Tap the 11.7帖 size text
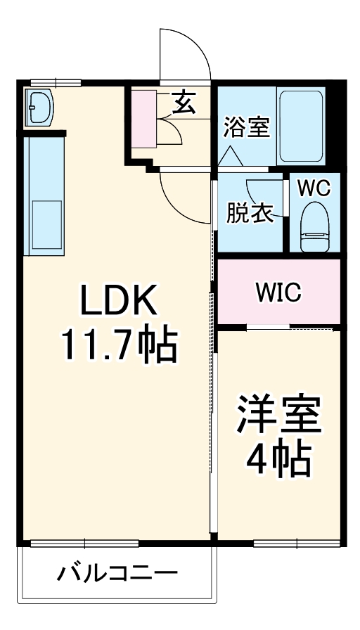[118, 344]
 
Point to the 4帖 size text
[278, 458]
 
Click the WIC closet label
[278, 292]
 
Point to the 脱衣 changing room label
[250, 213]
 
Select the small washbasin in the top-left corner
[39, 107]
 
